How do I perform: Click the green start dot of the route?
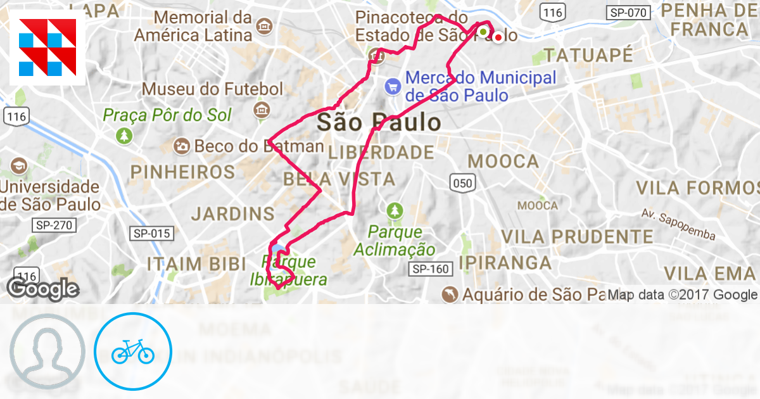pos(483,32)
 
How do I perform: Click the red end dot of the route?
pos(498,37)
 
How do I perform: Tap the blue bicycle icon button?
pos(133,351)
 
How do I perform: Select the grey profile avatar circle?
pos(47,351)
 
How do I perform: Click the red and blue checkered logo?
pos(47,47)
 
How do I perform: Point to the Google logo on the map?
pos(42,289)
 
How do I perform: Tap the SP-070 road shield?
pos(628,12)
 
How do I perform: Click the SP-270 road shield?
pos(54,225)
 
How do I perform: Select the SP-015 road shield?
pos(152,234)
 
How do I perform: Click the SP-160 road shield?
pos(431,269)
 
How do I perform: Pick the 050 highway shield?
pos(462,183)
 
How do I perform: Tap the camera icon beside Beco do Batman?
pos(182,146)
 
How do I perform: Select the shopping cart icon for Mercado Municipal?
pos(393,85)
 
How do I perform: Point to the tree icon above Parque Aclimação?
pos(395,210)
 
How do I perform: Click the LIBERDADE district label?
pos(381,153)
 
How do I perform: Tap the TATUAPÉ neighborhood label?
pos(588,55)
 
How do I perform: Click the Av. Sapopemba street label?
pos(677,224)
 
